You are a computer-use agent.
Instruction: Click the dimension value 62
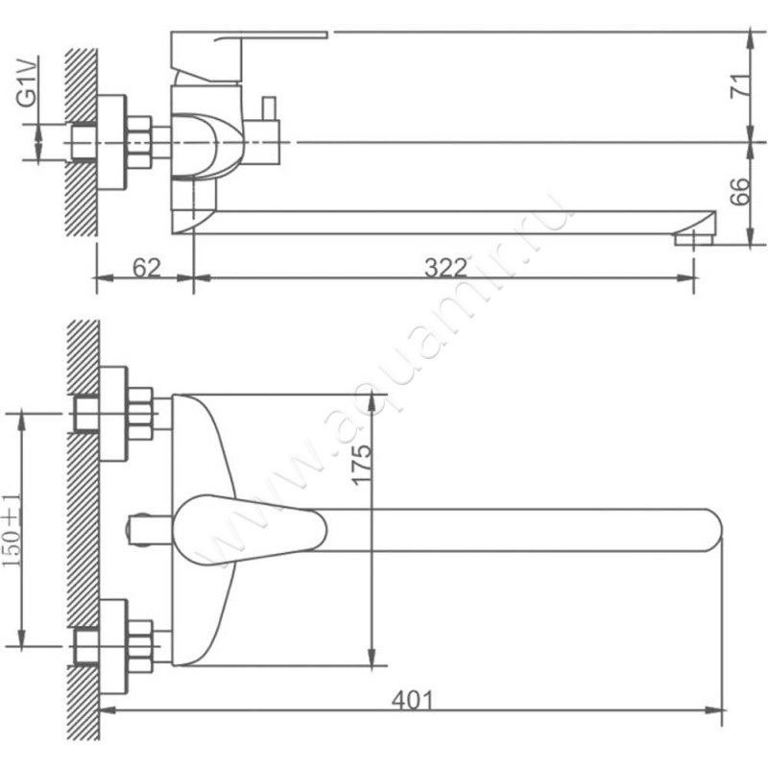pos(147,268)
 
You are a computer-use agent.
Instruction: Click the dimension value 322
pos(445,268)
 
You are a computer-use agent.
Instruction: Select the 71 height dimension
pos(739,86)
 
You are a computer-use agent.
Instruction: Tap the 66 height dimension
pos(739,191)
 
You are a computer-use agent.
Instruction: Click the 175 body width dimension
pos(362,465)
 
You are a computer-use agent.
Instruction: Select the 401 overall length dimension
pos(413,701)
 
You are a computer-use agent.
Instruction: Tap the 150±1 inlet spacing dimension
pos(12,530)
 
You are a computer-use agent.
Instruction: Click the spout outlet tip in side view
pos(694,238)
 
